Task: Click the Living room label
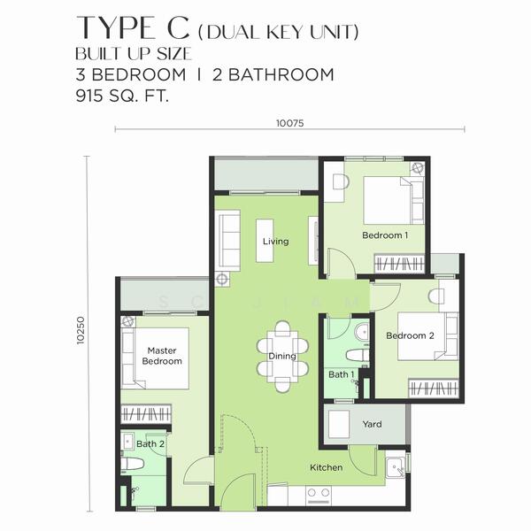275,241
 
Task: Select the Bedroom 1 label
385,235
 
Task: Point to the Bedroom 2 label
410,335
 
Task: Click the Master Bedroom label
163,356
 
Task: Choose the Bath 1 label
341,374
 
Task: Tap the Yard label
372,425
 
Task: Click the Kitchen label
326,467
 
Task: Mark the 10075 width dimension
289,123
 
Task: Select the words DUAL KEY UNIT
279,34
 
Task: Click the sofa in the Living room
228,233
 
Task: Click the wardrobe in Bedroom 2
434,389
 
